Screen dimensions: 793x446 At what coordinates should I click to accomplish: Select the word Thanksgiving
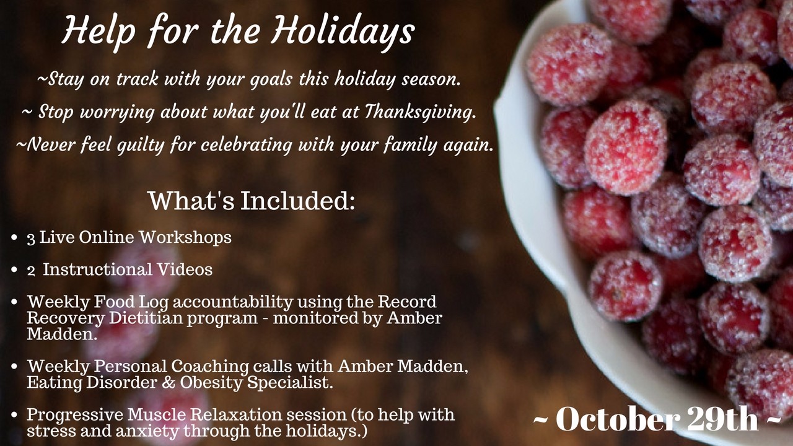[x=420, y=113]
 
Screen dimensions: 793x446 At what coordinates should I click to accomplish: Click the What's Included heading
[x=252, y=201]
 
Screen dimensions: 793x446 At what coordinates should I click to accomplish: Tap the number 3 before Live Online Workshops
[x=31, y=238]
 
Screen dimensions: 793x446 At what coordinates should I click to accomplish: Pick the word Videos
[x=185, y=269]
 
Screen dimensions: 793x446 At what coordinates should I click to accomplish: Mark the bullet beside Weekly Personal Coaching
[x=14, y=367]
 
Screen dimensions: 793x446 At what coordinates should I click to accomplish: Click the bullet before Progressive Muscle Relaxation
[x=14, y=415]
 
